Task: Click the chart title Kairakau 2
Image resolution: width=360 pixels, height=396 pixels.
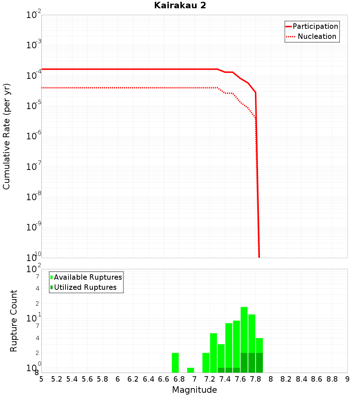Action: pyautogui.click(x=180, y=6)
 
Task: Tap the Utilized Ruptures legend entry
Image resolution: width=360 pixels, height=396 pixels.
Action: pyautogui.click(x=85, y=287)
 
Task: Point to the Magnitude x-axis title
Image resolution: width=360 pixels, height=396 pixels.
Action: pyautogui.click(x=194, y=390)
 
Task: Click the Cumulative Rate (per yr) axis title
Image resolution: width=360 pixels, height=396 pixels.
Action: pyautogui.click(x=6, y=136)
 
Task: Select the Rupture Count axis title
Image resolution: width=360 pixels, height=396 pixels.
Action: pyautogui.click(x=14, y=321)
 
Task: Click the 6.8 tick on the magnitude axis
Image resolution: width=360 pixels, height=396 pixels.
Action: pyautogui.click(x=179, y=379)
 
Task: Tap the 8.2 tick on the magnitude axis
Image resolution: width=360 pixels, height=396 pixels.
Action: pyautogui.click(x=286, y=379)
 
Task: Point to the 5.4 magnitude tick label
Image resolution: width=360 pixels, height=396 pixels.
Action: pyautogui.click(x=72, y=379)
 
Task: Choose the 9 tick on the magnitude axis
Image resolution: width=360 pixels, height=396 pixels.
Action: pyautogui.click(x=347, y=379)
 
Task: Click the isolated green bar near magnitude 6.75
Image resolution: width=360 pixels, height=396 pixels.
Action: pyautogui.click(x=175, y=363)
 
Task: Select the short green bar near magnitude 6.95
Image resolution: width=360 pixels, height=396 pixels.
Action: pyautogui.click(x=190, y=370)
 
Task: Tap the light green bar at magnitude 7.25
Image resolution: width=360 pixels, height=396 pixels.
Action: pyautogui.click(x=213, y=353)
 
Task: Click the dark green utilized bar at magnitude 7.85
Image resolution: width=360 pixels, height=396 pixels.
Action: pyautogui.click(x=259, y=363)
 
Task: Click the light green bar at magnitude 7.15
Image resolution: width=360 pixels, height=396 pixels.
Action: pyautogui.click(x=206, y=363)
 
